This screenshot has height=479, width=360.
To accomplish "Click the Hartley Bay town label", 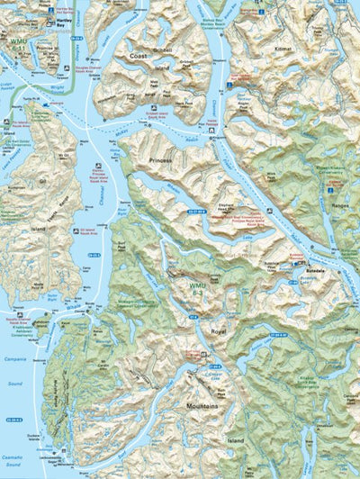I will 63,19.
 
